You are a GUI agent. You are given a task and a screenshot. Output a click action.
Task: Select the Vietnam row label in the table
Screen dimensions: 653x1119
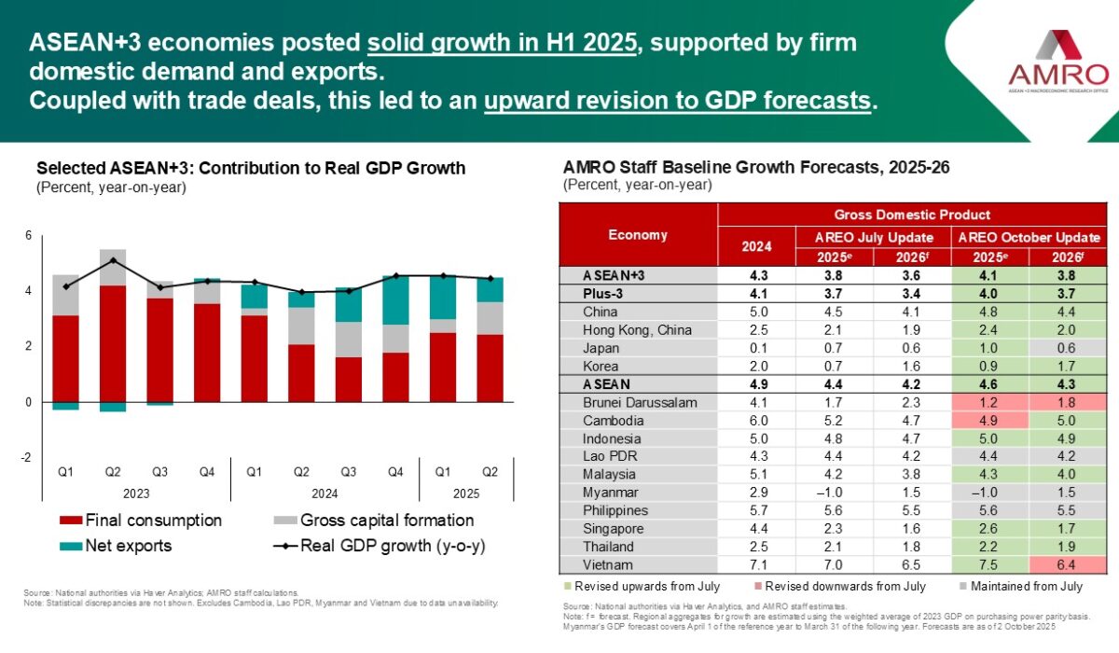pos(608,564)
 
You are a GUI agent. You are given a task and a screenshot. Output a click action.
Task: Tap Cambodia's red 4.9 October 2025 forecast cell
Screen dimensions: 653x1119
pos(989,421)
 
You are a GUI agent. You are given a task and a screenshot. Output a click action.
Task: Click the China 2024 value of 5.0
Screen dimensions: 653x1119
pos(756,312)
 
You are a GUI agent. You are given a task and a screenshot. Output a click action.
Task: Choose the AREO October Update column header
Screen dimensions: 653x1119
pos(1029,237)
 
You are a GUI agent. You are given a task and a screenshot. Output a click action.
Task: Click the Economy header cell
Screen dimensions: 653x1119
pos(638,235)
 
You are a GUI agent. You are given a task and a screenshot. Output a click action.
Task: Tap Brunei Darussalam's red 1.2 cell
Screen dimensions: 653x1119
pos(989,403)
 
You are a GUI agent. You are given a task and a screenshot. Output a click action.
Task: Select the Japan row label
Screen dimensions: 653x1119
pos(601,348)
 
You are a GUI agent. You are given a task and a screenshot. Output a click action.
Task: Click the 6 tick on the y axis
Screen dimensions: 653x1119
pos(29,236)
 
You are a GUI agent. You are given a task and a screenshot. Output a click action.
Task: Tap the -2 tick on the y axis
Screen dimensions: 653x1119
pos(26,457)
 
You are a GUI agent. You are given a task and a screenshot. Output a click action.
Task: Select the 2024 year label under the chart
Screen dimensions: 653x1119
pos(325,493)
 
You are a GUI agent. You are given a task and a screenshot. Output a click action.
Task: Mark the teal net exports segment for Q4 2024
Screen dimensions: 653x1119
pos(396,300)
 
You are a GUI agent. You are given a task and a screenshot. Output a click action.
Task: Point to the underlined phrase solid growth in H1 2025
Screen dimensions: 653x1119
pos(504,43)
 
